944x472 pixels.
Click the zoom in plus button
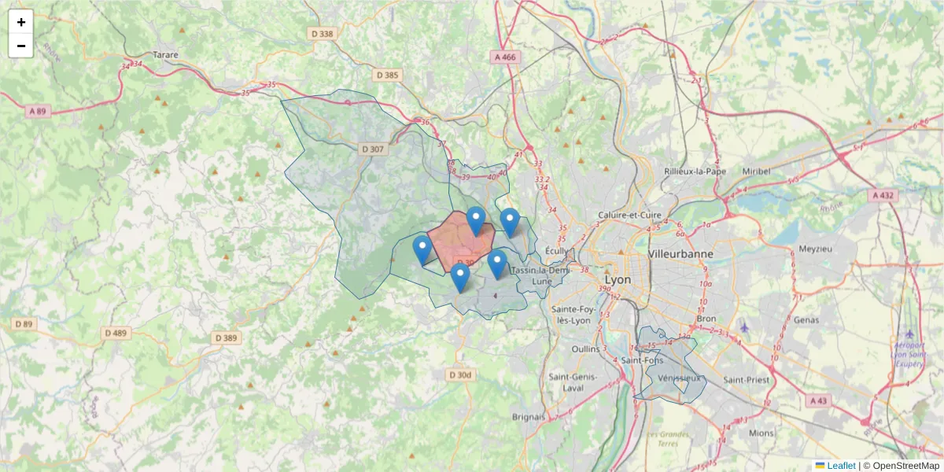point(21,22)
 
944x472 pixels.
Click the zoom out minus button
point(21,46)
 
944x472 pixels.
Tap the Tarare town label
point(166,55)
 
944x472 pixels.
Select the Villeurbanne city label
point(680,254)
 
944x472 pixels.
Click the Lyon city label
point(618,280)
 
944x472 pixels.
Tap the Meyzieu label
point(815,249)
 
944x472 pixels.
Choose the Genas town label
point(806,320)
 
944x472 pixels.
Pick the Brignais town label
point(529,416)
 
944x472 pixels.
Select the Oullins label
point(585,348)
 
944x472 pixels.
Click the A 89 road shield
point(37,112)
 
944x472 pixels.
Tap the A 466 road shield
point(505,57)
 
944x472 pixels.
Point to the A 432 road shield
point(884,194)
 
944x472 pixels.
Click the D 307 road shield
point(373,149)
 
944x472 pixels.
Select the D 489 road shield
point(115,333)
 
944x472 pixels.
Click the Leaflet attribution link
point(840,466)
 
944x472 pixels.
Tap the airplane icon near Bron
point(745,326)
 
